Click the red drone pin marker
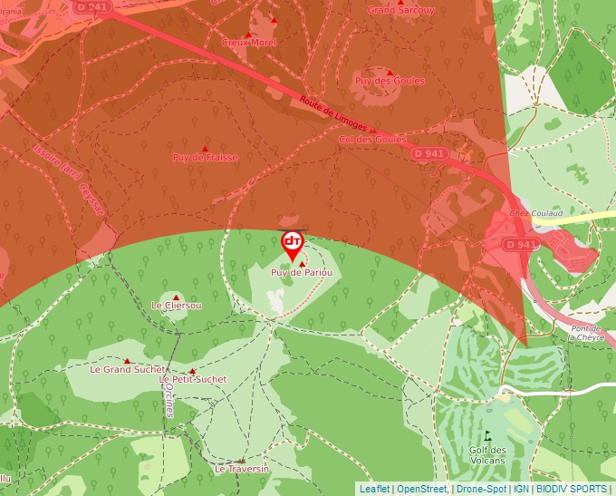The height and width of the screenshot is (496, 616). click(292, 242)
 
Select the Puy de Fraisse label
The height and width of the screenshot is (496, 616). click(206, 158)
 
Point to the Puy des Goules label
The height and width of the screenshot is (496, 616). click(390, 81)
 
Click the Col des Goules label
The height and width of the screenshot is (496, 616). click(372, 140)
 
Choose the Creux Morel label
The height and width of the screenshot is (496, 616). click(248, 42)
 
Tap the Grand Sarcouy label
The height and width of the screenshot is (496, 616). click(400, 10)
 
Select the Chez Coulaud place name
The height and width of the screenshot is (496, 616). click(531, 213)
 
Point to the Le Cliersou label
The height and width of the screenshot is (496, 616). click(177, 306)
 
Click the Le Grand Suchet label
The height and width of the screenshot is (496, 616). click(128, 370)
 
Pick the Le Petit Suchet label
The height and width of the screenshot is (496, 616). click(193, 379)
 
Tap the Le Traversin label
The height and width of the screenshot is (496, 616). click(242, 469)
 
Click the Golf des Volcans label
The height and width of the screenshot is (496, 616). click(487, 454)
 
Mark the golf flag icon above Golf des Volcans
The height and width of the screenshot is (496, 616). click(487, 435)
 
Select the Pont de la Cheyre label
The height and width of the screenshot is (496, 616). click(585, 332)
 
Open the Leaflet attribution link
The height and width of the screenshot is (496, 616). click(374, 489)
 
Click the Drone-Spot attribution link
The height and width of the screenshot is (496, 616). click(481, 489)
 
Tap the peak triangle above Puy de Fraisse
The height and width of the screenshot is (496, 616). click(205, 148)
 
